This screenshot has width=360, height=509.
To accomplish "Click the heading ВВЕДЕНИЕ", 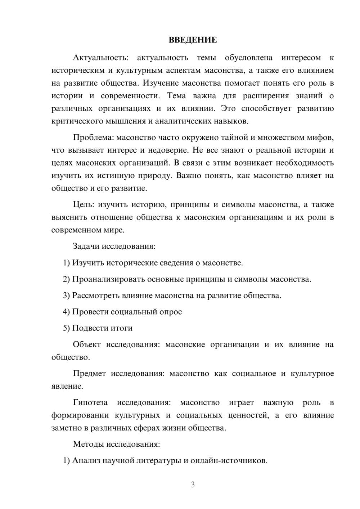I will coord(193,40).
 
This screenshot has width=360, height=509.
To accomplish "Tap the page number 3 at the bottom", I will coord(193,485).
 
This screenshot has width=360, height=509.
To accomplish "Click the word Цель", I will coord(83,204).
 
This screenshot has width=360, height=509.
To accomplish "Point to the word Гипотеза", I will coord(90,402).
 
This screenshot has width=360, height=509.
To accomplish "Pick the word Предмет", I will coord(89,373).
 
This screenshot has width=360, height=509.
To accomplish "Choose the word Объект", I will coord(87,344).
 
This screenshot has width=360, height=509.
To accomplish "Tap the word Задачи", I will coord(86,246).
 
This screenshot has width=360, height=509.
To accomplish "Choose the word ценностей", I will coord(248,415).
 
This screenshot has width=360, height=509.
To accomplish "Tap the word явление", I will coord(67,386).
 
